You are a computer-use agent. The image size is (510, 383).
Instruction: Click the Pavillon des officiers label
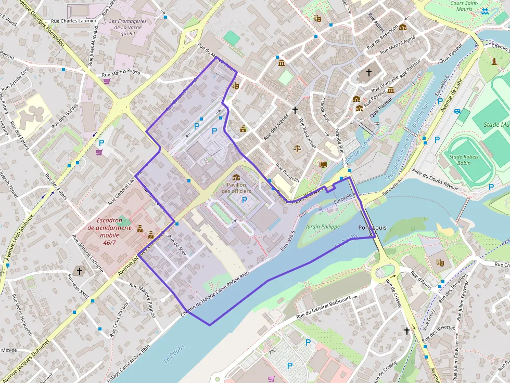click(x=236, y=188)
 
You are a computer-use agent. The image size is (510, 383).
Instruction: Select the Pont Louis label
click(x=372, y=228)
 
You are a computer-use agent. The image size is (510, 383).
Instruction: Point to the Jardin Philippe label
click(x=323, y=227)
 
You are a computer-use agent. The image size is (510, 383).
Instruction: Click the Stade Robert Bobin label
click(x=467, y=159)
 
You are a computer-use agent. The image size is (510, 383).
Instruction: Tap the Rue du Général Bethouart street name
click(x=327, y=306)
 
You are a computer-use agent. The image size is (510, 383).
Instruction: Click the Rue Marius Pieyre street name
click(x=121, y=72)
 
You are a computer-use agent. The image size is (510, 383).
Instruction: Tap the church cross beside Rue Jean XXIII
click(x=80, y=270)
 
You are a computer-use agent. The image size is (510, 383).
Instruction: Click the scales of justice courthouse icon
click(x=297, y=148)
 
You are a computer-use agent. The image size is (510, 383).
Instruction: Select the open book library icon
click(x=323, y=164)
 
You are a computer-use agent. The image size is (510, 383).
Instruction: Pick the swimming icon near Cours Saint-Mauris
click(x=485, y=11)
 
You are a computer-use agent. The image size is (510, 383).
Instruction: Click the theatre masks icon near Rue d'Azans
click(x=440, y=263)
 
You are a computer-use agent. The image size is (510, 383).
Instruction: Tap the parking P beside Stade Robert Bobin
click(x=491, y=187)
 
